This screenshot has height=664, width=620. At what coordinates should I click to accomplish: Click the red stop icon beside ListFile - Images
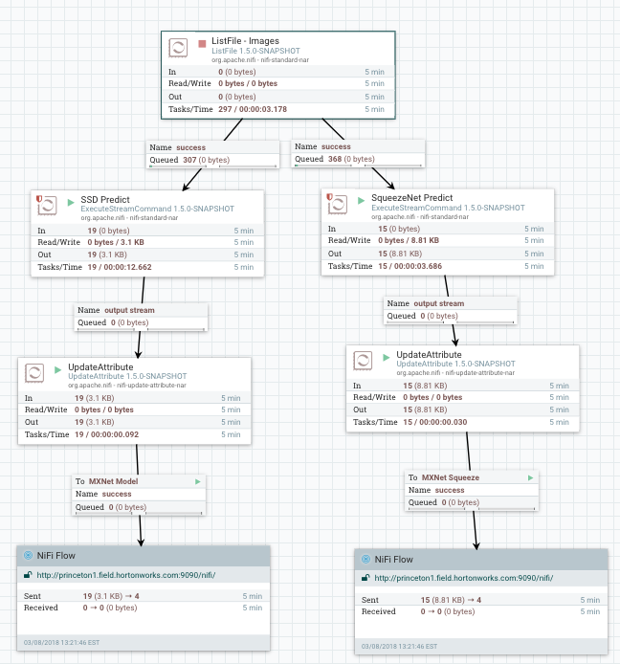point(202,43)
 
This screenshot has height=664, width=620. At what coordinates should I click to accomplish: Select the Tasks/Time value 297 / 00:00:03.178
point(253,109)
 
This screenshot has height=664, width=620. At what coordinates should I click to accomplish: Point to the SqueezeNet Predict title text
point(412,199)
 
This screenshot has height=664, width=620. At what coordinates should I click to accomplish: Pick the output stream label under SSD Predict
point(130,310)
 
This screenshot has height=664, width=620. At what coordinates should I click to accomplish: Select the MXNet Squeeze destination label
point(451,476)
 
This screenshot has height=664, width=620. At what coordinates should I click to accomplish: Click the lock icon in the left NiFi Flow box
point(30,576)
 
